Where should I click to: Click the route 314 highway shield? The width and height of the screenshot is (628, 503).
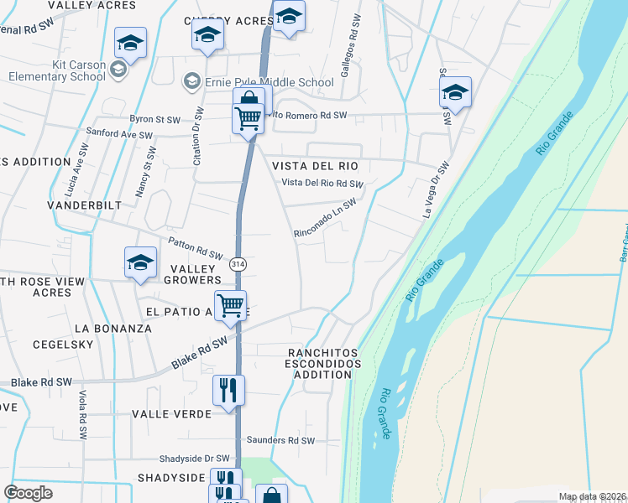[238, 263]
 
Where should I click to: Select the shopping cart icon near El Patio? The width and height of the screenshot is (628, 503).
[230, 305]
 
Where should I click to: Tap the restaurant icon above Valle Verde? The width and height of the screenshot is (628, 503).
[228, 390]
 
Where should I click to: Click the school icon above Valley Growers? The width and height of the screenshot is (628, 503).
[140, 262]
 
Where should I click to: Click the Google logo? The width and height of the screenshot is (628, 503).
[28, 493]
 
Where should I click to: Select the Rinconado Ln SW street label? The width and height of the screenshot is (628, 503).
[325, 217]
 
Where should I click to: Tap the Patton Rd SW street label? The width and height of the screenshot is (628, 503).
[195, 248]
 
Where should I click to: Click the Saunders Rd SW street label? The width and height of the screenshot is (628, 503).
[280, 440]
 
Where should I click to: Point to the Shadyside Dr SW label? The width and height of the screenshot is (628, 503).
[195, 459]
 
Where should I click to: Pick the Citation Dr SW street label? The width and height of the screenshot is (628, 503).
[198, 135]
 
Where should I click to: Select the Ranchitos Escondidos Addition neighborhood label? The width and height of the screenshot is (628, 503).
[323, 364]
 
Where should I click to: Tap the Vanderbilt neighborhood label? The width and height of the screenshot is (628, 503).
[84, 205]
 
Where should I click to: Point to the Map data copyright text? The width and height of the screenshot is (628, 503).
[592, 496]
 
